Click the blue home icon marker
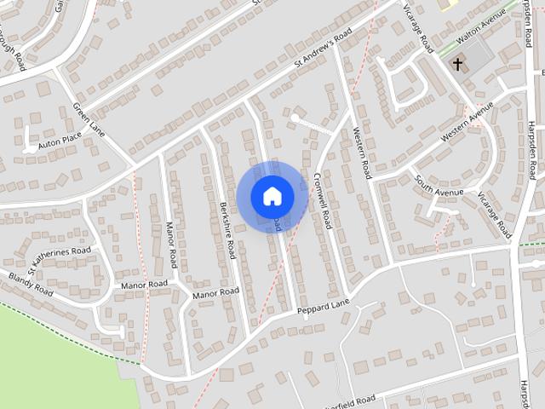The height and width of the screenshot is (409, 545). pyautogui.click(x=272, y=196)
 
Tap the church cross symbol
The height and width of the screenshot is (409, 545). pyautogui.click(x=458, y=64)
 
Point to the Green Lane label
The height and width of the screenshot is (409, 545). pyautogui.click(x=88, y=119)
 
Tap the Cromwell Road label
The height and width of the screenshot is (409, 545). pyautogui.click(x=320, y=200)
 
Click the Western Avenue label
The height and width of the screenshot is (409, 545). pyautogui.click(x=467, y=124)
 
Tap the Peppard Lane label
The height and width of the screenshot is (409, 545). pyautogui.click(x=324, y=307)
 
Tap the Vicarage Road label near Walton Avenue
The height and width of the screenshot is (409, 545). pyautogui.click(x=416, y=25)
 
